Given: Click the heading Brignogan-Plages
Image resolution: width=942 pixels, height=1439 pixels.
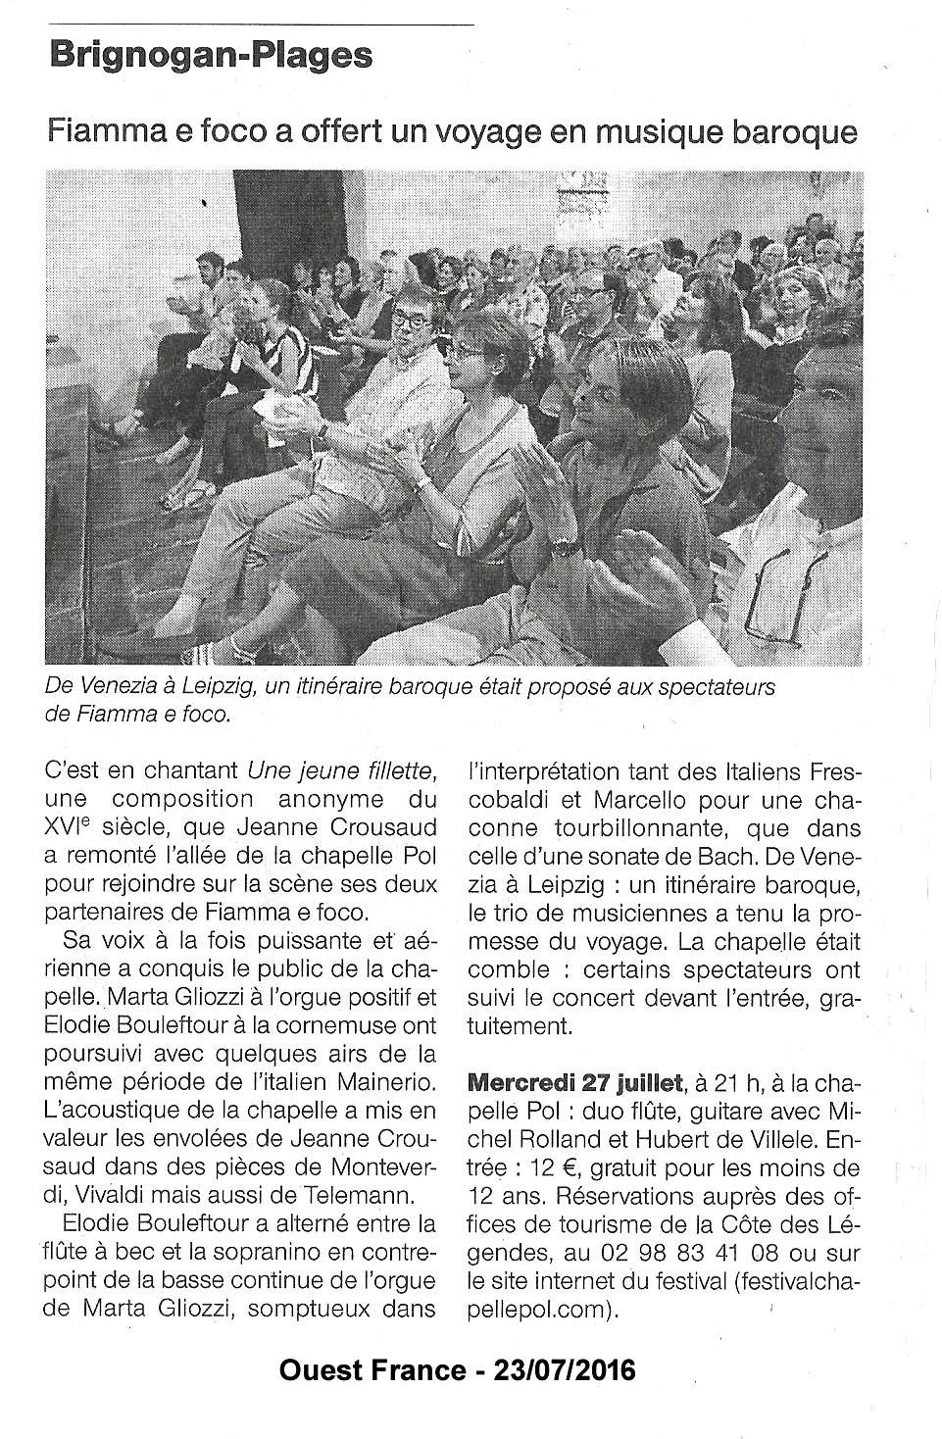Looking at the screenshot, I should pos(211,56).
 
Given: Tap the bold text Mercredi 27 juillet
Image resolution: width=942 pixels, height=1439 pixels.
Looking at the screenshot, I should pos(576,1083).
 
